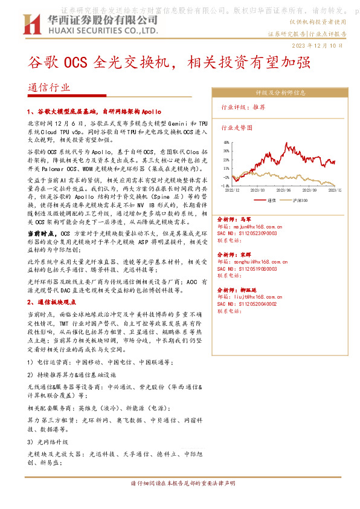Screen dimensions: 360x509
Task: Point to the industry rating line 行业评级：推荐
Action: pos(243,107)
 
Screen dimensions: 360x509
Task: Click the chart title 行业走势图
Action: pos(237,128)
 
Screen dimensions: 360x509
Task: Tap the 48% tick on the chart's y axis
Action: pos(226,143)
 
